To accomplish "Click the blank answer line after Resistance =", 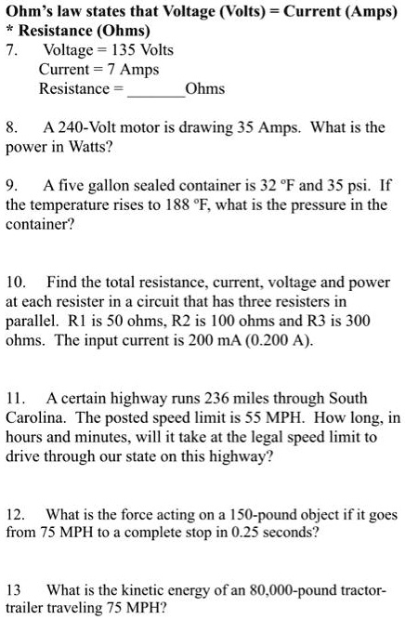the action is click(154, 89).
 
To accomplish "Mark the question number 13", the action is click(14, 591).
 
